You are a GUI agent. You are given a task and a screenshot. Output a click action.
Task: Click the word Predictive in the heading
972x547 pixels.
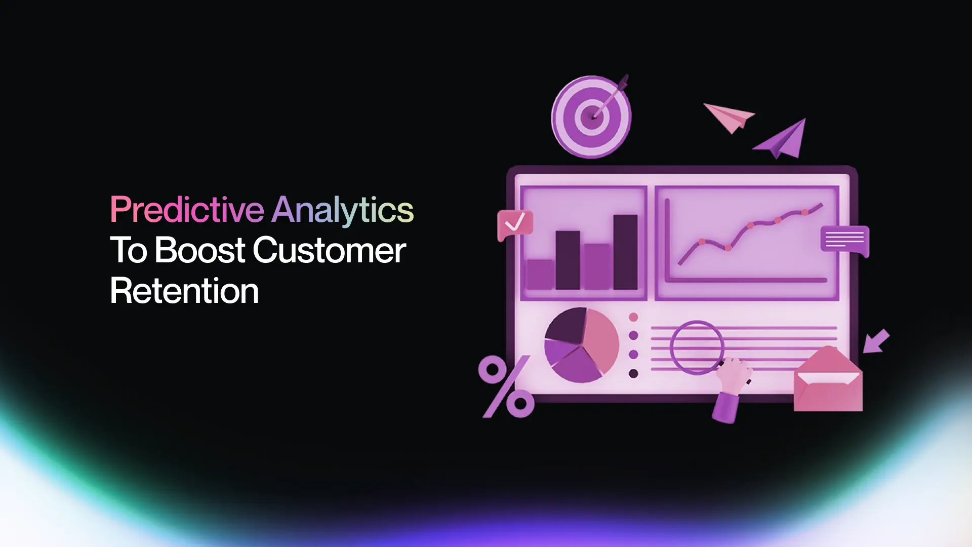(187, 210)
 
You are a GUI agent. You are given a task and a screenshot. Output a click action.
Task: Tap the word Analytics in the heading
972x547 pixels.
(343, 210)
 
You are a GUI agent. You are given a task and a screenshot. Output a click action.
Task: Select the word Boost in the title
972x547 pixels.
(200, 250)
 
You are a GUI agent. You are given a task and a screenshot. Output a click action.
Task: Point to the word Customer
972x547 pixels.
(329, 250)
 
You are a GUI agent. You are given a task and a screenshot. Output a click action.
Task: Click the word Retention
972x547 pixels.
(184, 291)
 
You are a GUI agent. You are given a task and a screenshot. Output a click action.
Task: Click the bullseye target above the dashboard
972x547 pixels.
(591, 116)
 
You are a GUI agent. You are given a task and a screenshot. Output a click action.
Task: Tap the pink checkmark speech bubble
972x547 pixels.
(515, 224)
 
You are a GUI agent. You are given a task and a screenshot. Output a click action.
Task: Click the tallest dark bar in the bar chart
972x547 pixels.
(625, 252)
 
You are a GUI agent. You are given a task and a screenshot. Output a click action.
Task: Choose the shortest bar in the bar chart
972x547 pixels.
(540, 275)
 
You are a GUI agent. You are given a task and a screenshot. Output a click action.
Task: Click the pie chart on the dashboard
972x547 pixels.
(581, 345)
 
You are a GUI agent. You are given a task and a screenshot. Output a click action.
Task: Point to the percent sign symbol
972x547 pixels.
(506, 386)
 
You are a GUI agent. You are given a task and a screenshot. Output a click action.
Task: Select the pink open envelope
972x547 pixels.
(828, 380)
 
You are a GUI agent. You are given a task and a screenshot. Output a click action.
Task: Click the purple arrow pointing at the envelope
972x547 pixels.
(876, 341)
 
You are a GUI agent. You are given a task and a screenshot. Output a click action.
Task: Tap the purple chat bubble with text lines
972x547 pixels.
(844, 240)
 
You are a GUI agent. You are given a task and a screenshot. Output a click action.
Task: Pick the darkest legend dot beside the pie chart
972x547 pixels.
(633, 374)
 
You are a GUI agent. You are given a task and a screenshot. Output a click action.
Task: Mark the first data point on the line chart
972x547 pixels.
(702, 242)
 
